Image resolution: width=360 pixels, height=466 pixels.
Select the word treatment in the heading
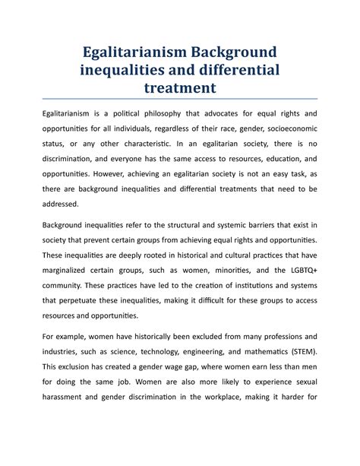tap(179, 89)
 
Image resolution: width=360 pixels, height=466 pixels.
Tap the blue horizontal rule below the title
tap(179, 100)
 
